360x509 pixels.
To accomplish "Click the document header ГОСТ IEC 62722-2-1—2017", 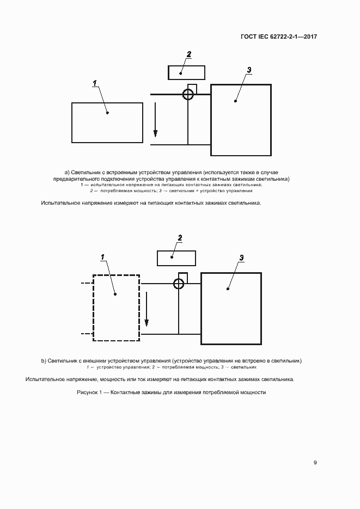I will [x=278, y=37].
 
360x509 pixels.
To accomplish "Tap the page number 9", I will [x=315, y=463].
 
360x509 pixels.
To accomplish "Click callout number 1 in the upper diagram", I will [x=95, y=83].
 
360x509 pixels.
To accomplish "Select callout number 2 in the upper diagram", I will [x=189, y=54].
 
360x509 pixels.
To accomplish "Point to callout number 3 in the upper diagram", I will [x=249, y=70].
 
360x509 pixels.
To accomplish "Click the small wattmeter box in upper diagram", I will [x=186, y=72].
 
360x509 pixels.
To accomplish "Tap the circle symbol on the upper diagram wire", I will [x=188, y=95].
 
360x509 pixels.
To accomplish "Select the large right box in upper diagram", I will [x=241, y=120].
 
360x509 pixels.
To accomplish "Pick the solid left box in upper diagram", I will [x=107, y=122].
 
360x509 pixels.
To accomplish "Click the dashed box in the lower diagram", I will [x=116, y=308].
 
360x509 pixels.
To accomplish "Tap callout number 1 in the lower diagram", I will [x=102, y=256].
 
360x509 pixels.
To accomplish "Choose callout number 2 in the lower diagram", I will [x=180, y=237].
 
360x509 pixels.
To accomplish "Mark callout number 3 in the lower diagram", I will [x=241, y=257].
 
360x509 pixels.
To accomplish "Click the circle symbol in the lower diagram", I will [x=179, y=284].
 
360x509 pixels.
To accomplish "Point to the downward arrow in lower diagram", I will [x=146, y=310].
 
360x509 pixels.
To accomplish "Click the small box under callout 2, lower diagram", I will [x=176, y=257].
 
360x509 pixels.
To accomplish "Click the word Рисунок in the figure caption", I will [x=89, y=393].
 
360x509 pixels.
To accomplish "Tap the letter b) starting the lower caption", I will [x=44, y=360].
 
